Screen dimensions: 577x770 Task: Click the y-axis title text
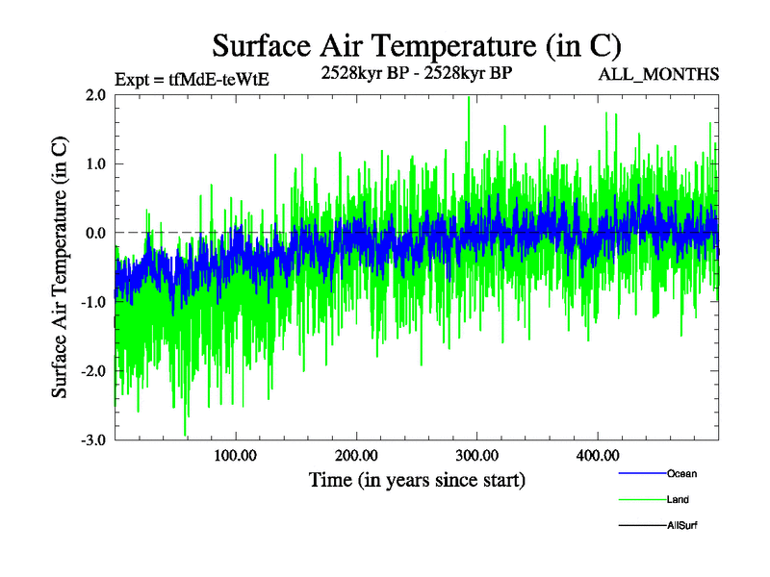tap(60, 267)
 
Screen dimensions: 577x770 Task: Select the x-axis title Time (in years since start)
tap(417, 479)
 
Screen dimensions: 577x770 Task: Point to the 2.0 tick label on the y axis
tap(94, 95)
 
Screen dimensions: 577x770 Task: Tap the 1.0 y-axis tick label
tap(94, 163)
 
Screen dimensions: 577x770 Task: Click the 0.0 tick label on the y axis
tap(94, 233)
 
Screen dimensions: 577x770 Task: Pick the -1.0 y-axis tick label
tap(92, 302)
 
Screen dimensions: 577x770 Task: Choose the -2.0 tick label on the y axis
tap(92, 371)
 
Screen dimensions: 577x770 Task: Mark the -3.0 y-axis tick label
tap(92, 440)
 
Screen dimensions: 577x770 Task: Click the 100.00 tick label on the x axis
tap(236, 455)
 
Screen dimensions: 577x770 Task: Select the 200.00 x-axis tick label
tap(356, 455)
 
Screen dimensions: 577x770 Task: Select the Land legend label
tap(678, 499)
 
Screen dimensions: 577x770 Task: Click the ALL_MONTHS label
tap(658, 75)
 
